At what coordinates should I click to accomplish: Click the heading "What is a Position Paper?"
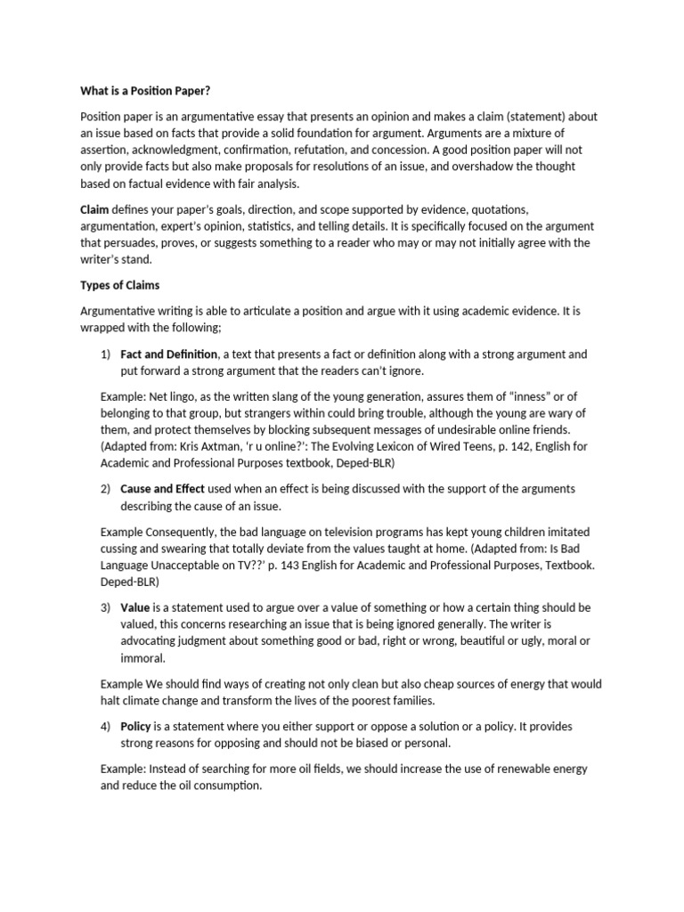145,90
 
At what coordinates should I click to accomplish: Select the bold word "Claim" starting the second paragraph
95,209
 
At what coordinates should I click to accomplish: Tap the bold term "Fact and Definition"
169,354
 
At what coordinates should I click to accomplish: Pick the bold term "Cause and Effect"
162,489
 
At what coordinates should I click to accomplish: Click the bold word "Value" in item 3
135,607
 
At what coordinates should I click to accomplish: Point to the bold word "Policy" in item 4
135,726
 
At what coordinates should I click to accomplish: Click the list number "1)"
105,354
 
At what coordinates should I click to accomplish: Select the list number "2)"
105,489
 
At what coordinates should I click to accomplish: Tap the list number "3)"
105,607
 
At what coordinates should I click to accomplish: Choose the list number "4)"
105,726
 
